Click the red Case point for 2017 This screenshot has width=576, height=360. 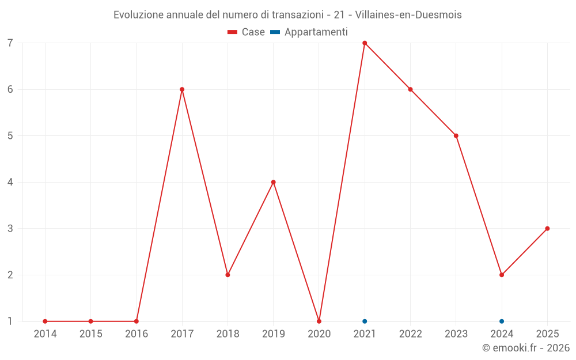pos(182,89)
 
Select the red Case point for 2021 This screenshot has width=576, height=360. pos(365,43)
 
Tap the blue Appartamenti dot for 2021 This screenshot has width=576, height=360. pos(365,321)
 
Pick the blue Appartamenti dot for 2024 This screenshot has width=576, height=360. pos(502,321)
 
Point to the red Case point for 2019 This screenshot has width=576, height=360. pos(274,182)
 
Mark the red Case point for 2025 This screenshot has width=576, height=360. pos(547,229)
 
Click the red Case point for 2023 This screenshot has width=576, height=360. pos(456,136)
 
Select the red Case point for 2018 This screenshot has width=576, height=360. pos(228,275)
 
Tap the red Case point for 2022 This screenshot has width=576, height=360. pos(410,89)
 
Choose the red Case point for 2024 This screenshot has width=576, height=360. pos(502,275)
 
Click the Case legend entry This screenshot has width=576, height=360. pos(247,32)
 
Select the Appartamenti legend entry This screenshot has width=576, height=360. pos(309,32)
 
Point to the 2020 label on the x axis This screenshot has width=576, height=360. pos(319,334)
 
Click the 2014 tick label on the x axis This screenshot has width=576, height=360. pos(45,334)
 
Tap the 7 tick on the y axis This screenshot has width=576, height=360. pos(10,43)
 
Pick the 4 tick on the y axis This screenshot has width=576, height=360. pos(10,182)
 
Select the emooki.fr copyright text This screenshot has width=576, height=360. pos(525,348)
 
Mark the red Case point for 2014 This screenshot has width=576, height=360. pos(45,321)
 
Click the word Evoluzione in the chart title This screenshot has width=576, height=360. pos(138,15)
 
